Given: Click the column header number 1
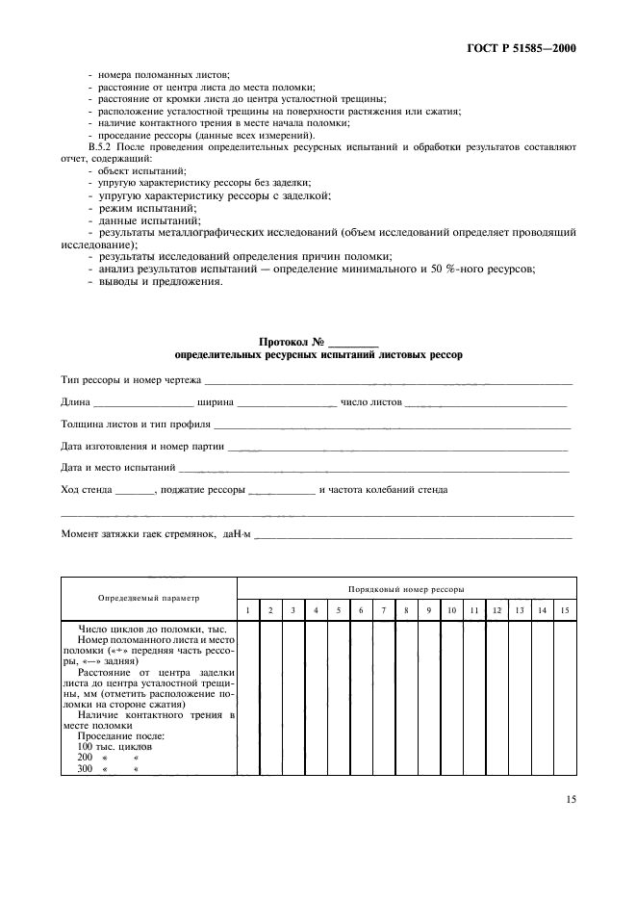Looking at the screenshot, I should (x=248, y=610).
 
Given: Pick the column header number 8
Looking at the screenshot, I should (x=405, y=610).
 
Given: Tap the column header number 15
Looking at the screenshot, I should (x=565, y=610).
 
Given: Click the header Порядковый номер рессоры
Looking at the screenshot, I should (x=406, y=587).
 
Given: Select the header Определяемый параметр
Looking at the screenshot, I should (x=149, y=598).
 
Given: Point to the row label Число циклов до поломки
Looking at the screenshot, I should (x=152, y=629).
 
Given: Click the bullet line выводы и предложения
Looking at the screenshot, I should (x=152, y=282).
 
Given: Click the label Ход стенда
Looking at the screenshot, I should (x=85, y=490).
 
